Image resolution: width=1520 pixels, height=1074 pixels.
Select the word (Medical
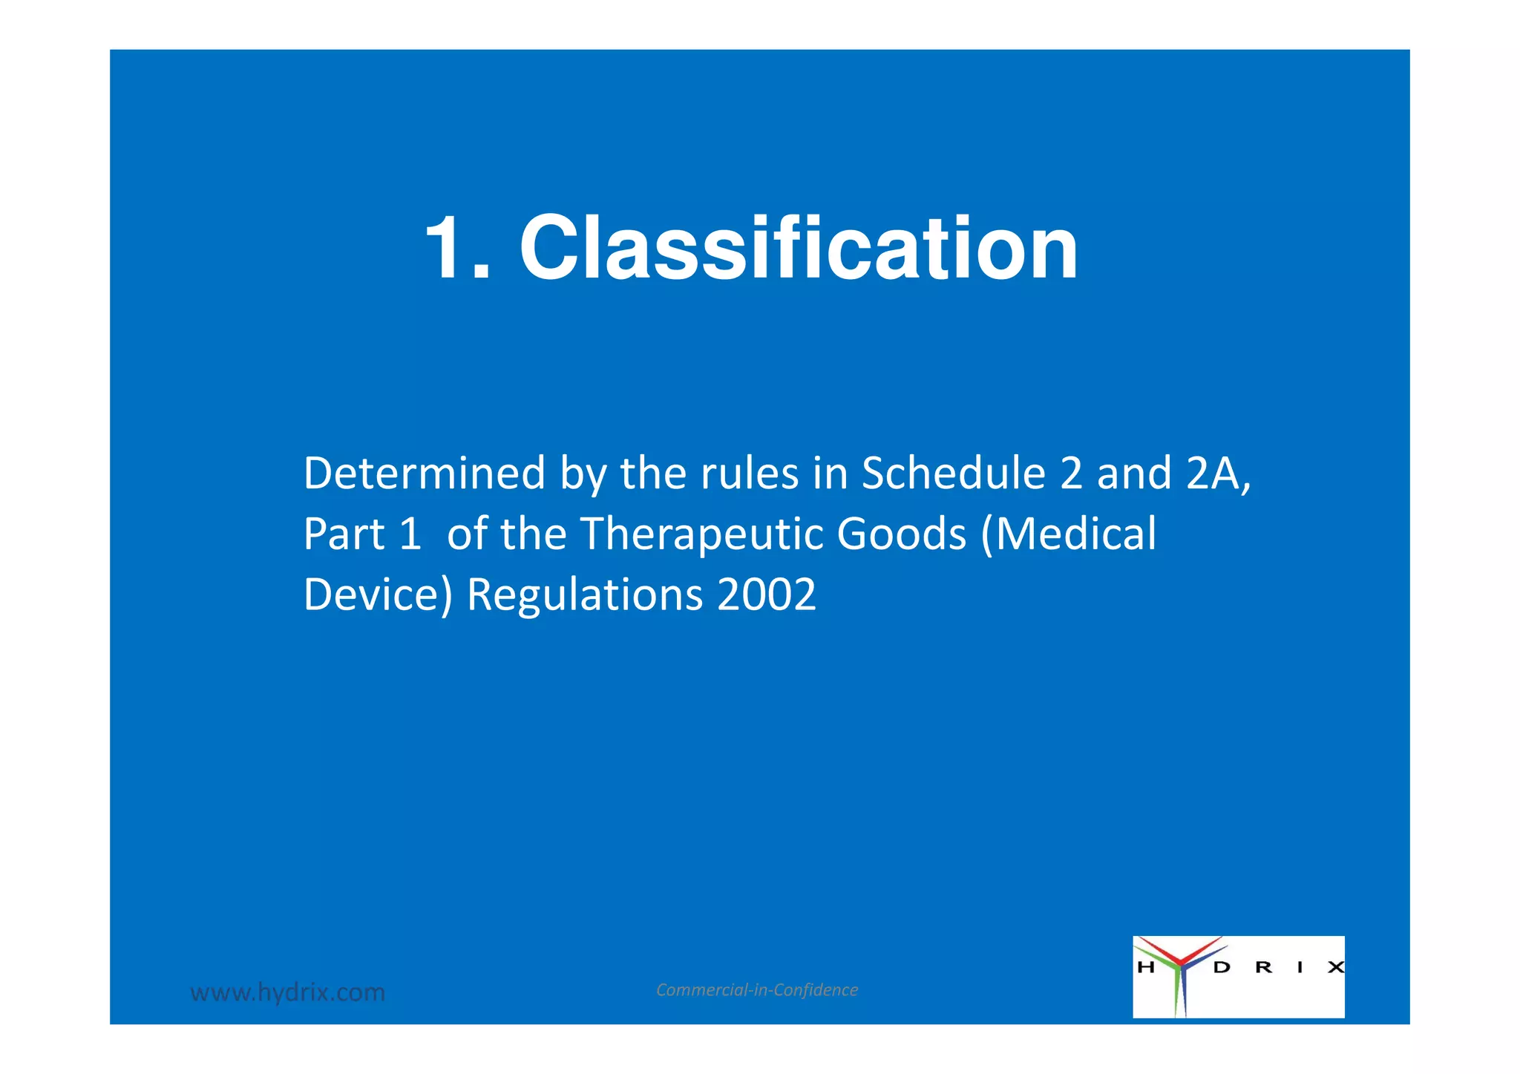(x=1069, y=534)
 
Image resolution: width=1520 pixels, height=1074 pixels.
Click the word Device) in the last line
(x=378, y=595)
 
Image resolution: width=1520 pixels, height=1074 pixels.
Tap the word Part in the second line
(x=344, y=534)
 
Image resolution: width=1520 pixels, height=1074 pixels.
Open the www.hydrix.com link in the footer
(x=288, y=992)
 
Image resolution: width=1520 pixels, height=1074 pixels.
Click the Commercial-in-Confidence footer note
(x=757, y=989)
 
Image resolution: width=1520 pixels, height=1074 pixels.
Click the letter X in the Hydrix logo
(x=1335, y=967)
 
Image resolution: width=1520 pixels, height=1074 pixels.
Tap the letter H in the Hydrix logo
(x=1145, y=967)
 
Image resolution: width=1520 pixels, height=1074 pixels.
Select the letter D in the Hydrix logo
(x=1222, y=967)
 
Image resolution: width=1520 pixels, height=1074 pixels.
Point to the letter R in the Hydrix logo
(x=1263, y=967)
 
